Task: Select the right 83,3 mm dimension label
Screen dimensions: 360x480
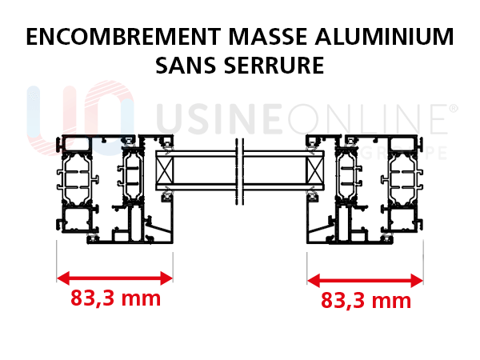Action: coord(366,301)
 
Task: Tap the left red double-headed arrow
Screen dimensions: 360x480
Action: coord(114,278)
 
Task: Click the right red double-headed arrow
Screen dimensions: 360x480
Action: coord(366,280)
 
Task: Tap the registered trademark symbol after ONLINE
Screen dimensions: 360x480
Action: coord(454,107)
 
